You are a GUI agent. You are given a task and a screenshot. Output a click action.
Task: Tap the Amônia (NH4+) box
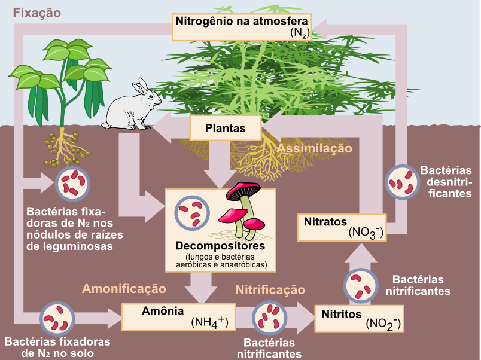point(178,317)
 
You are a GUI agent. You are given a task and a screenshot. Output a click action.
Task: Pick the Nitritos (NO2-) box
point(359,319)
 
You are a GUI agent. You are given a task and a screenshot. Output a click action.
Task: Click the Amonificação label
point(124,288)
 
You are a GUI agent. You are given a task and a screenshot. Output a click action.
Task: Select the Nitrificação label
point(270,290)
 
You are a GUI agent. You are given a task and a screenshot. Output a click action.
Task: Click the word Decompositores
point(220,246)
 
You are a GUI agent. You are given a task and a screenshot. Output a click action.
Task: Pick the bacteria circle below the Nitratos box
point(361,286)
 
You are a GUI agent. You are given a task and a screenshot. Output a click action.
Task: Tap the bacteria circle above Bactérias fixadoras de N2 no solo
point(57,318)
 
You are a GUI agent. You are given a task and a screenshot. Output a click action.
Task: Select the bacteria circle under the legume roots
point(73,184)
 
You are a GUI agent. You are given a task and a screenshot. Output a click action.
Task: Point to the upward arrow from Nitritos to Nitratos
point(361,252)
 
